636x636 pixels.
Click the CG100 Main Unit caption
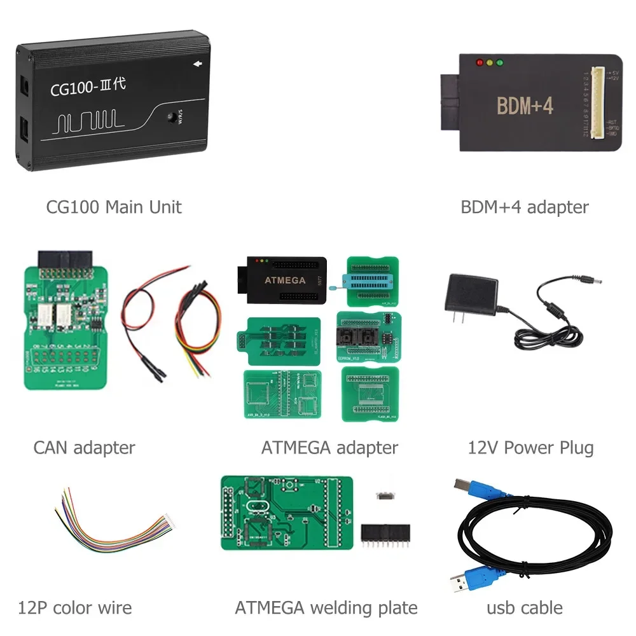point(114,207)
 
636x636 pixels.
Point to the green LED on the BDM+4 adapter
point(500,63)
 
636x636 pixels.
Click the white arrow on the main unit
point(197,64)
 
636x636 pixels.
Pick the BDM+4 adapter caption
point(525,207)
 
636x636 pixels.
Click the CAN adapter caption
point(84,448)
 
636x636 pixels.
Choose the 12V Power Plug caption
point(530,448)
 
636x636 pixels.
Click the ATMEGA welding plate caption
point(326,607)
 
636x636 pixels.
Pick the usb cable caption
point(524,607)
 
